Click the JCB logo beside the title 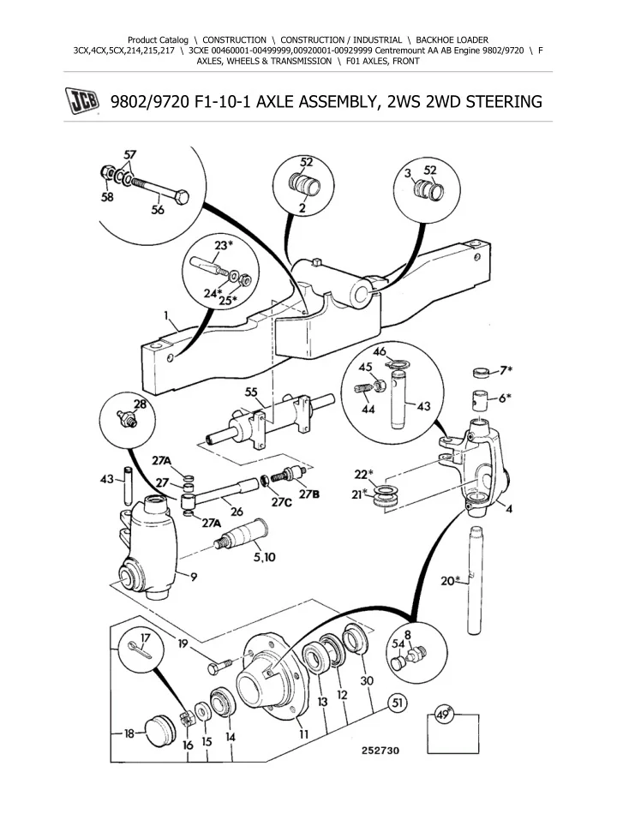point(80,102)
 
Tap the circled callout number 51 point(397,703)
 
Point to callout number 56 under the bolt point(159,212)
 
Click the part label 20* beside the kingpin point(451,580)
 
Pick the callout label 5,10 point(264,556)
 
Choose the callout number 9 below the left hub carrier point(195,577)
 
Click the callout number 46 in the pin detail point(379,350)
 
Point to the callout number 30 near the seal point(368,680)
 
